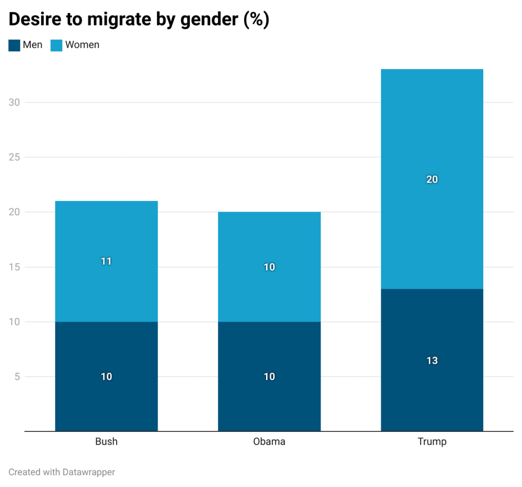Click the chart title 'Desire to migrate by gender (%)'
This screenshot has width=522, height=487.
[x=139, y=19]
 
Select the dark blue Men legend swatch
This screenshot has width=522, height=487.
[x=14, y=45]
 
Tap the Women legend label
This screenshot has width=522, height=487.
[x=82, y=45]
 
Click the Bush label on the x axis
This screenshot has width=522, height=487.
[x=106, y=442]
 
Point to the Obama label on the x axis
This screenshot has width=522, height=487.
[x=269, y=442]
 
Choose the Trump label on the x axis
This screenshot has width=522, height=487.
[x=432, y=442]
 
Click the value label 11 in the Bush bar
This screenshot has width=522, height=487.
[x=106, y=262]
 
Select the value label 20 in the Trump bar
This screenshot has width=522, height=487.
[x=432, y=180]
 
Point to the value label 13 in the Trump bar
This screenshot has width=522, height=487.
[x=432, y=361]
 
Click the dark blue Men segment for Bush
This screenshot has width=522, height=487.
[x=106, y=398]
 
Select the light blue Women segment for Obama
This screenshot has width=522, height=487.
[x=269, y=240]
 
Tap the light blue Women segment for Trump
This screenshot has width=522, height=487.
[x=432, y=127]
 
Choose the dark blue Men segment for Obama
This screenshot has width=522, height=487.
[x=269, y=403]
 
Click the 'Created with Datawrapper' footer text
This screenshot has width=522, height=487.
[x=62, y=472]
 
